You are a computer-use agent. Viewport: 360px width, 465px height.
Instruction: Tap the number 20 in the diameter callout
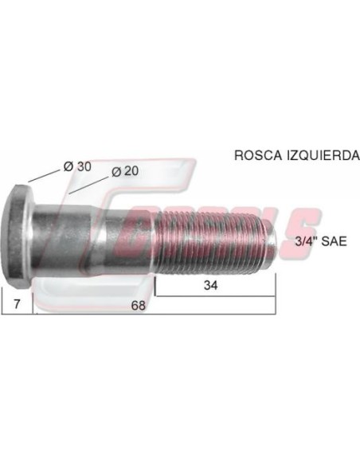(132, 171)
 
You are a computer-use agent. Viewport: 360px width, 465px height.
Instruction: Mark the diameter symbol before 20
(116, 171)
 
